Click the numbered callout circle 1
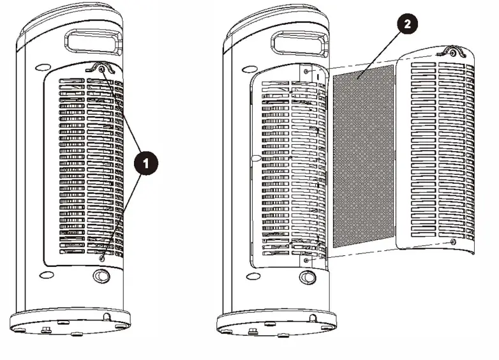click(x=146, y=163)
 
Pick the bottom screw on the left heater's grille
click(x=102, y=259)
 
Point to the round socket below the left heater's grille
click(x=101, y=277)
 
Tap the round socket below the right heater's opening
click(x=307, y=278)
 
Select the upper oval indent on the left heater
click(x=44, y=66)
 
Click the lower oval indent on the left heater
click(x=46, y=275)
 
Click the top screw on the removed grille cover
click(x=452, y=54)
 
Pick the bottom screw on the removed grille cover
click(x=452, y=242)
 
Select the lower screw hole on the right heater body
click(x=307, y=260)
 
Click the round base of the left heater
click(x=70, y=322)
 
